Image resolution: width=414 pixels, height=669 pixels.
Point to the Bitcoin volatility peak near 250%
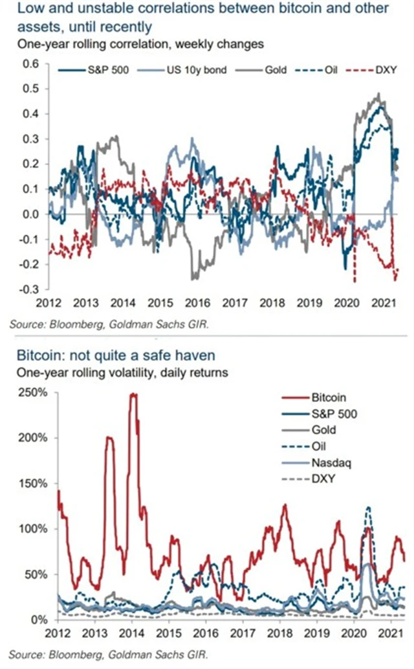click(x=134, y=394)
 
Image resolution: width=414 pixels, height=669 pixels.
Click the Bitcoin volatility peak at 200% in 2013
click(x=109, y=438)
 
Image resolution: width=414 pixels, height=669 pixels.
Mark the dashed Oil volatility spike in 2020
click(x=368, y=508)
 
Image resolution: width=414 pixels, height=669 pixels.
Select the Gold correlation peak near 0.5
click(x=378, y=95)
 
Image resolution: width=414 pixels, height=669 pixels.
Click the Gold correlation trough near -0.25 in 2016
click(x=192, y=278)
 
